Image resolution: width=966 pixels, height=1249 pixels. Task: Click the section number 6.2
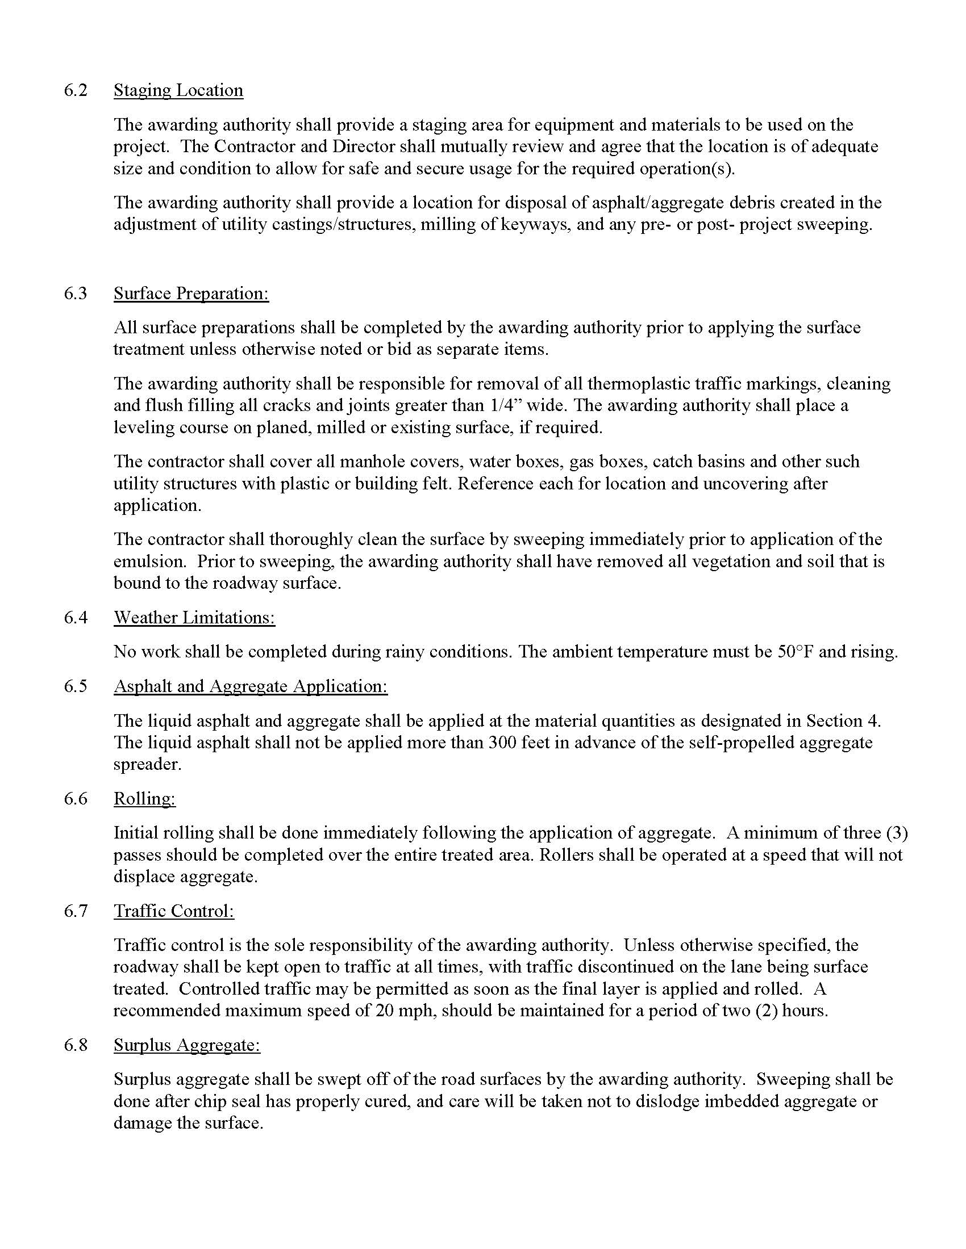coord(76,90)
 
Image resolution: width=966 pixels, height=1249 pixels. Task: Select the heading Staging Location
coord(178,90)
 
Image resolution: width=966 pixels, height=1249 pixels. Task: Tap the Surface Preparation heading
coord(191,294)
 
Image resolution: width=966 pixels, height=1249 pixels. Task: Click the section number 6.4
coord(76,618)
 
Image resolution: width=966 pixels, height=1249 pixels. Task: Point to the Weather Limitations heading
coord(194,618)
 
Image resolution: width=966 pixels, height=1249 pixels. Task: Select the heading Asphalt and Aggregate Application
coord(251,686)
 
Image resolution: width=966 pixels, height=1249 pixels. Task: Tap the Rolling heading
coord(145,798)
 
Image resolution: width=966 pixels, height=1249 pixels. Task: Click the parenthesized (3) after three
coord(897,833)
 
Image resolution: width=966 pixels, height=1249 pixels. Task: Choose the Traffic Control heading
coord(174,911)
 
